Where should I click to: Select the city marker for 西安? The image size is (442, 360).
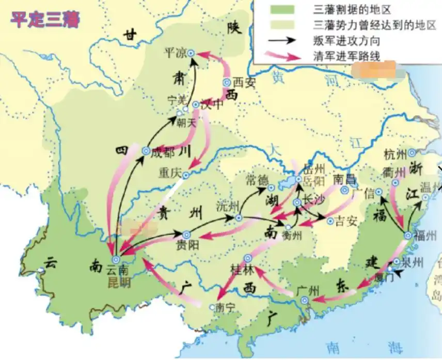(226, 82)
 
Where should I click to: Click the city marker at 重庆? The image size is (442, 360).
(185, 175)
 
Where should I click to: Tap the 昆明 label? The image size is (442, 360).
(119, 283)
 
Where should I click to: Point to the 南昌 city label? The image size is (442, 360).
(344, 179)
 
